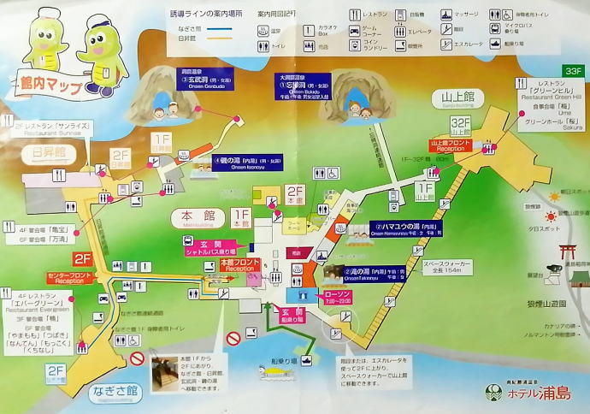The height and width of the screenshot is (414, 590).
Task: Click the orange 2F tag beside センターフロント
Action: [x=83, y=258]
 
